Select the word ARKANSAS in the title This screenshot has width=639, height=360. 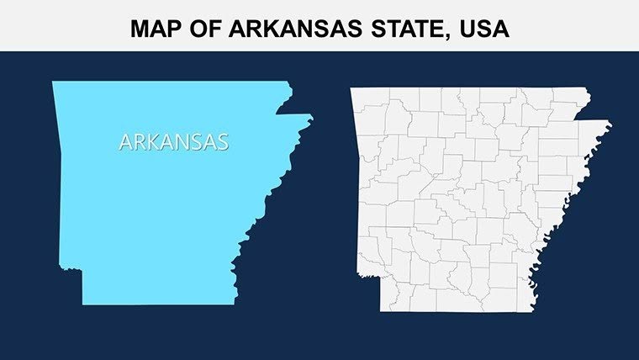[x=277, y=29]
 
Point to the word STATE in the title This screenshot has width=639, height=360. [x=386, y=29]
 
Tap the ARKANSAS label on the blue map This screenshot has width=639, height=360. [x=173, y=142]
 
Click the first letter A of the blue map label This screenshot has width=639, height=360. [x=125, y=142]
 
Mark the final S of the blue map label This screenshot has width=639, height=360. [x=222, y=142]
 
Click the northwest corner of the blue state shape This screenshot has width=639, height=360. [x=54, y=82]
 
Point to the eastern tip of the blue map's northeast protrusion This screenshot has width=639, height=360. [x=311, y=119]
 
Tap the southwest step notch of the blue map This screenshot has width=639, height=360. [x=82, y=271]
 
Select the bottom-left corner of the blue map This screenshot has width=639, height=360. [x=82, y=304]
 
